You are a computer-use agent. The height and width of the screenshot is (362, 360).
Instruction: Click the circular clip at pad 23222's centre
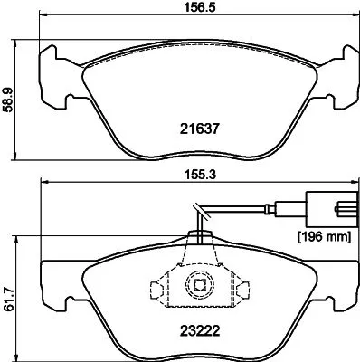(x=197, y=288)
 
